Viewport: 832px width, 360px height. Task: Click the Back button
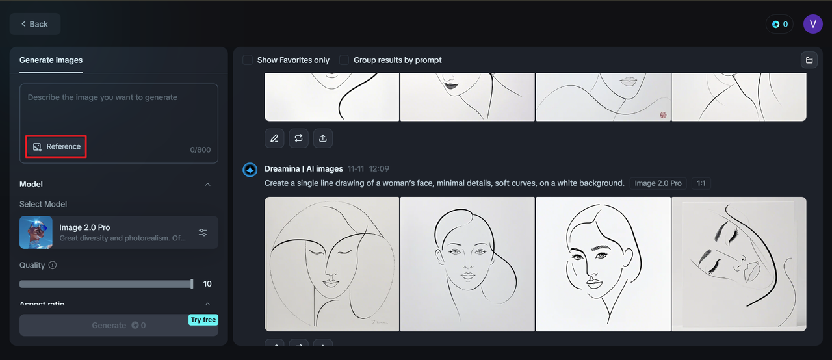click(x=34, y=24)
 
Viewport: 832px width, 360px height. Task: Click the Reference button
click(x=57, y=147)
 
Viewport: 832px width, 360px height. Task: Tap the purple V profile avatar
click(x=812, y=24)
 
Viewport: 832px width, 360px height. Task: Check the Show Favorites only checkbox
click(x=248, y=60)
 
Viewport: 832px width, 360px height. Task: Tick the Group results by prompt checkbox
click(x=344, y=60)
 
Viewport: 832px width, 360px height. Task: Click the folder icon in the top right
click(x=809, y=60)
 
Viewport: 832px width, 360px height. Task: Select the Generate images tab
click(x=51, y=60)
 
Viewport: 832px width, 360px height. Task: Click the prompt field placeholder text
click(x=102, y=97)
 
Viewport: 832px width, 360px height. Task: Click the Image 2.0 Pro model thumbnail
click(x=36, y=232)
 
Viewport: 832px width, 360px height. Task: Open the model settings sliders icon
click(x=203, y=232)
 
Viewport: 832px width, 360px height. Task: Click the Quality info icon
click(x=53, y=265)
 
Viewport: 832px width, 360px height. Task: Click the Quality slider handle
click(x=192, y=284)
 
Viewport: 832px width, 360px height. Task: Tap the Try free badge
click(x=203, y=320)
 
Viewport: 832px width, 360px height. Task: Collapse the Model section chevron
click(x=208, y=185)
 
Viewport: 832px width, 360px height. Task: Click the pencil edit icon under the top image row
click(x=274, y=138)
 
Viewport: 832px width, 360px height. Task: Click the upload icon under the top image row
click(x=323, y=138)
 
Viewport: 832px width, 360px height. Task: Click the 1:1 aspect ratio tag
click(x=701, y=183)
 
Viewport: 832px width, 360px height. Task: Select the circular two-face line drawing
click(x=332, y=264)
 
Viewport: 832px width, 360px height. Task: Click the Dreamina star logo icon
click(x=250, y=170)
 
